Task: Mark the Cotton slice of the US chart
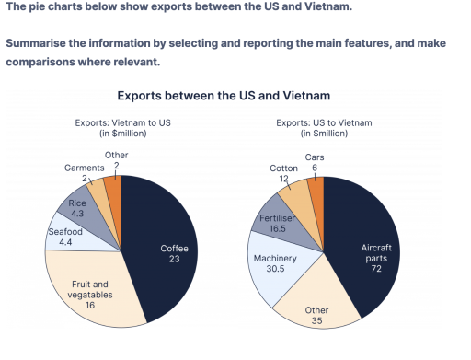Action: coord(297,200)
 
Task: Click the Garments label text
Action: coord(85,168)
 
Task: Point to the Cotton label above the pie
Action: coord(283,168)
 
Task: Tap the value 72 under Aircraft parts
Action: coord(376,269)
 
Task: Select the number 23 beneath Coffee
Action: coord(174,259)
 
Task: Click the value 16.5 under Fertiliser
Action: coord(277,228)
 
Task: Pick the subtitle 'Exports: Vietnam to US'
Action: coord(122,122)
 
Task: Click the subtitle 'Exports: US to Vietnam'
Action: coord(324,122)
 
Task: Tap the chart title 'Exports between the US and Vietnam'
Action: coord(224,96)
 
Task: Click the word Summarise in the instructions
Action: coord(36,43)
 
